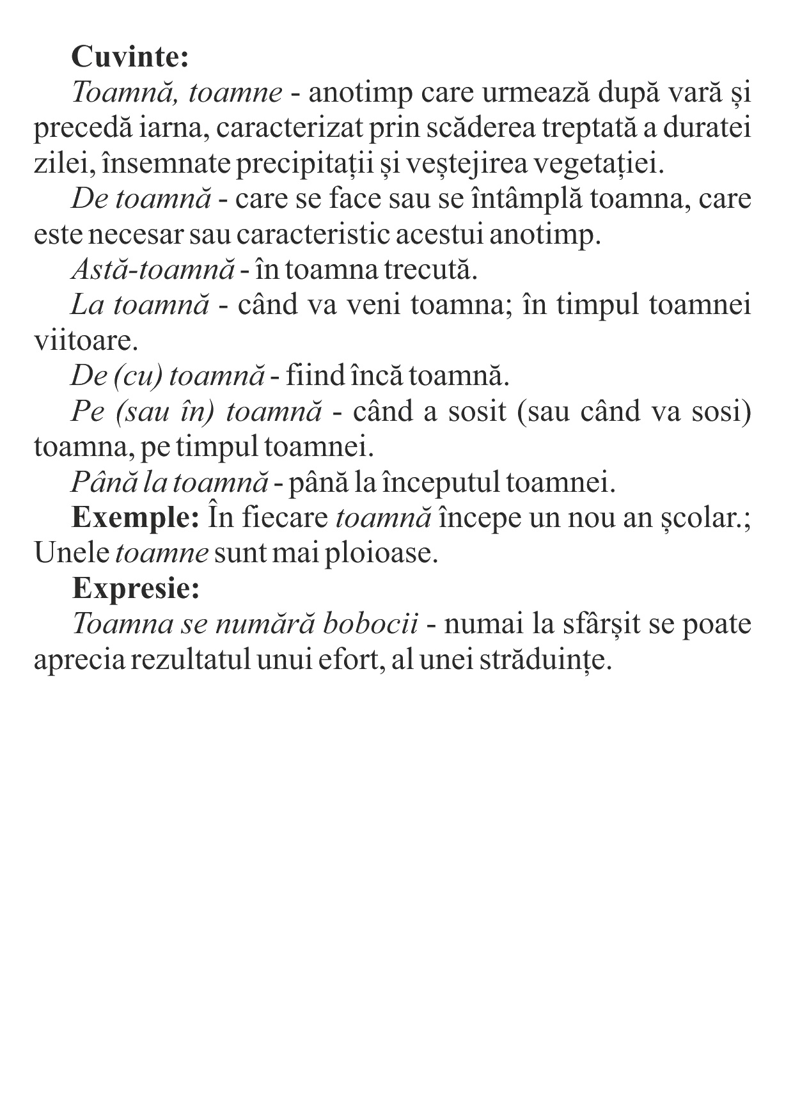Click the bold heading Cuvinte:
pyautogui.click(x=130, y=58)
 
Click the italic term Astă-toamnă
pyautogui.click(x=153, y=270)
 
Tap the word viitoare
pyautogui.click(x=86, y=340)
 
